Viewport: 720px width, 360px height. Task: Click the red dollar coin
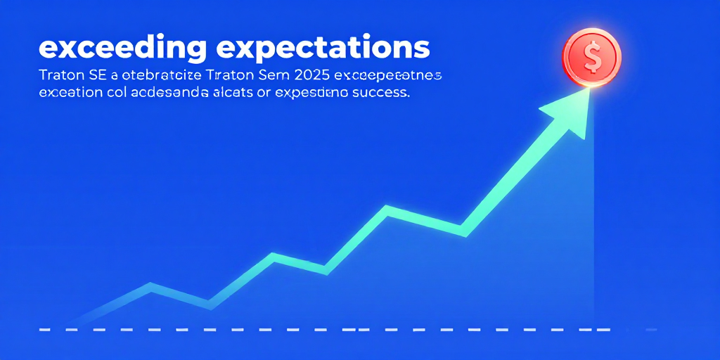click(x=592, y=57)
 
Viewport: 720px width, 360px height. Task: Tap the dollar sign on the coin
click(x=592, y=58)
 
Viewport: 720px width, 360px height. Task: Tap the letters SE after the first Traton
click(x=96, y=75)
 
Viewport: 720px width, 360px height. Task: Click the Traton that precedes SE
click(x=60, y=75)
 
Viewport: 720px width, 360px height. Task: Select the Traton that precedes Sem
click(x=217, y=75)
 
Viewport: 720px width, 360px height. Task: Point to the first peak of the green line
click(x=150, y=285)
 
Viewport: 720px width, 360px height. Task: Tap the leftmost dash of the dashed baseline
click(x=44, y=329)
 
